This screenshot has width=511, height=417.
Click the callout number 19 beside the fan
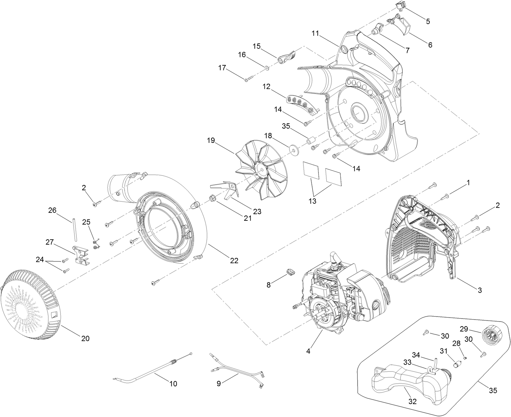click(211, 140)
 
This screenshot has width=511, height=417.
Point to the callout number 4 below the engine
click(308, 351)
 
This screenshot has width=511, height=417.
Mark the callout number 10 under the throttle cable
click(173, 384)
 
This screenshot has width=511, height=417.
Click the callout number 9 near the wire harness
click(218, 384)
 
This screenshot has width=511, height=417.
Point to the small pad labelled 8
click(290, 272)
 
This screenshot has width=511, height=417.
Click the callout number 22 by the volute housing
click(234, 261)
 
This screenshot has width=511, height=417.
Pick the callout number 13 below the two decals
click(312, 201)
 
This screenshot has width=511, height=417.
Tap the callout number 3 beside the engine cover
click(480, 290)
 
